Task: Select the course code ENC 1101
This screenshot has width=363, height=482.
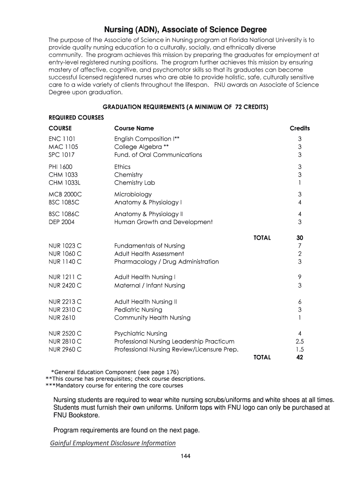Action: pyautogui.click(x=62, y=139)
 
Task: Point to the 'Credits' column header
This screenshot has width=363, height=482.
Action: pyautogui.click(x=299, y=129)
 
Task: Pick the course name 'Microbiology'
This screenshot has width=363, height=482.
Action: pyautogui.click(x=133, y=194)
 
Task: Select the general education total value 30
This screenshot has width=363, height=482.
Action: pyautogui.click(x=299, y=238)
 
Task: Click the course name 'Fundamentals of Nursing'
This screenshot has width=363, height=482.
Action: pyautogui.click(x=149, y=246)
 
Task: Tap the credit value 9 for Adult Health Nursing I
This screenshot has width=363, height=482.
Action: pyautogui.click(x=300, y=277)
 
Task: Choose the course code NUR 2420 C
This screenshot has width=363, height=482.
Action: pyautogui.click(x=65, y=285)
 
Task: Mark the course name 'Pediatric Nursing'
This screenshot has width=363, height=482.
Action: pyautogui.click(x=138, y=310)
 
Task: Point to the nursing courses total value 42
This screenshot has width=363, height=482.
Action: pyautogui.click(x=299, y=357)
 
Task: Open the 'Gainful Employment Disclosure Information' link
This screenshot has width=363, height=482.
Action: pyautogui.click(x=113, y=443)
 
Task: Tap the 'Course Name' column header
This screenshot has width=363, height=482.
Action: pyautogui.click(x=134, y=129)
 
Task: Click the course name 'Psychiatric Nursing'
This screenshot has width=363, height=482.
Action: pyautogui.click(x=140, y=334)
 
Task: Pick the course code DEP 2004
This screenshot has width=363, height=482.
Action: pyautogui.click(x=62, y=222)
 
